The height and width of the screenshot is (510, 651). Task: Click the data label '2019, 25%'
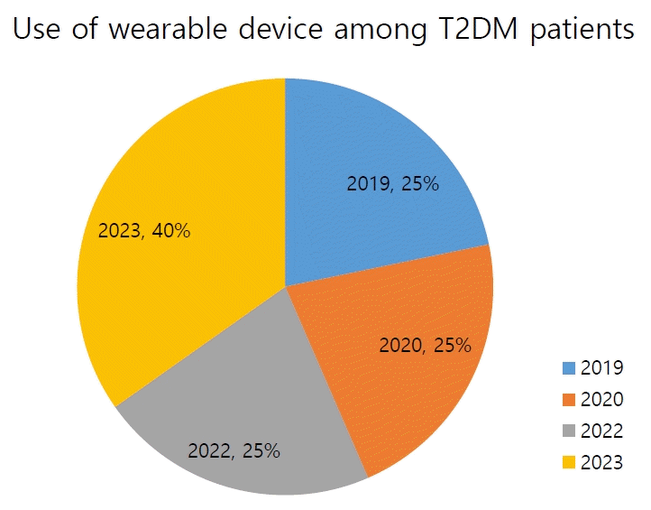click(392, 184)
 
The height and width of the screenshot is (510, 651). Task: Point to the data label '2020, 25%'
click(425, 345)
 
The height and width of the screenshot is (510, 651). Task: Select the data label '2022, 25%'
click(234, 450)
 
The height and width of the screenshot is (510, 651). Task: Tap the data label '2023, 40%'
click(144, 231)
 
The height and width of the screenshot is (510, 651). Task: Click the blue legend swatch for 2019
click(568, 368)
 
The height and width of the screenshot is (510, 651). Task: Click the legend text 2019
click(601, 368)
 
